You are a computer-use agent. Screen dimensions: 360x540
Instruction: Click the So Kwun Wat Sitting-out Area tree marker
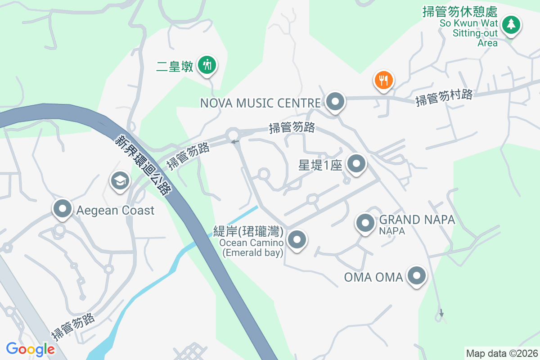(511, 24)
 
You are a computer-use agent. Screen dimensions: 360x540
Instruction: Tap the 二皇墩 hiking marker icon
(207, 65)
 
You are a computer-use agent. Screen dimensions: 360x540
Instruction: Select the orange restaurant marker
(383, 81)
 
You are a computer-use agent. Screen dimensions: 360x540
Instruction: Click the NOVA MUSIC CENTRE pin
(335, 101)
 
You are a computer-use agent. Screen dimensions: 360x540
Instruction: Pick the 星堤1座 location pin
(356, 164)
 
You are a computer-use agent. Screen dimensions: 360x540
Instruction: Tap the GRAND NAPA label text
(417, 220)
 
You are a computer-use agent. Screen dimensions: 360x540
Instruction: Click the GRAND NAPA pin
(365, 223)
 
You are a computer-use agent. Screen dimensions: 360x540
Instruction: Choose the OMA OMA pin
(416, 275)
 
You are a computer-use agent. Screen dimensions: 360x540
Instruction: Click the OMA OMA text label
(373, 277)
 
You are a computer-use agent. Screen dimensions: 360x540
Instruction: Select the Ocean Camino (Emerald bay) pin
(297, 240)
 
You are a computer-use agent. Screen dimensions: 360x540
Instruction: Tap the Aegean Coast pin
(63, 209)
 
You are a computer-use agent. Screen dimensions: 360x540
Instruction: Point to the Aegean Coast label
(115, 210)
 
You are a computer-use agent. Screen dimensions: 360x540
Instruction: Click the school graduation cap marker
(120, 181)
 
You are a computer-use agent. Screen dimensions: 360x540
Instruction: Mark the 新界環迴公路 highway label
(144, 165)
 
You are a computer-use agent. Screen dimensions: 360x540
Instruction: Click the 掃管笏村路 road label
(444, 97)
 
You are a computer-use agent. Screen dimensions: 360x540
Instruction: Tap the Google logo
(30, 349)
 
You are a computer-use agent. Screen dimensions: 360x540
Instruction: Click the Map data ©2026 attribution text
(501, 353)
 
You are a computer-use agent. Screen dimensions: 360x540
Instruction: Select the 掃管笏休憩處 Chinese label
(459, 12)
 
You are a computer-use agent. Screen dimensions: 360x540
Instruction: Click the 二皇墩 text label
(175, 67)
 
